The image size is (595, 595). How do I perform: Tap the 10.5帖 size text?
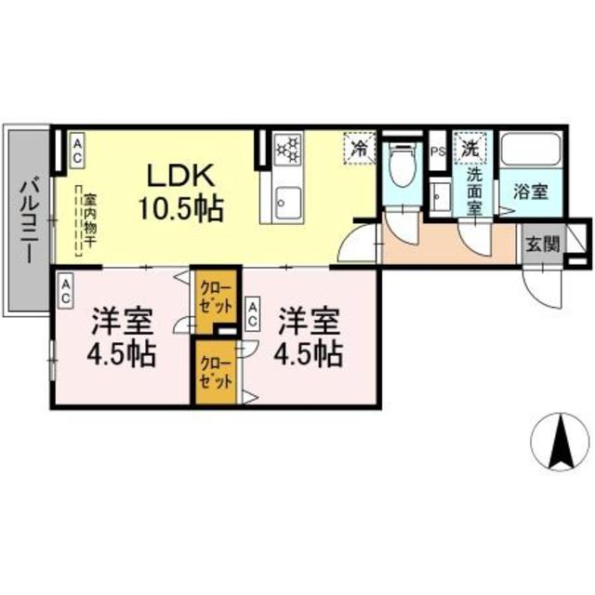(182, 208)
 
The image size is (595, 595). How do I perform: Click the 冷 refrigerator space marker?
(358, 147)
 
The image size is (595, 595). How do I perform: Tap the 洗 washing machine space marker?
(471, 147)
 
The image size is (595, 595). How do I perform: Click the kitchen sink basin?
(286, 200)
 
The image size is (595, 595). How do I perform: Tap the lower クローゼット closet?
(216, 374)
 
